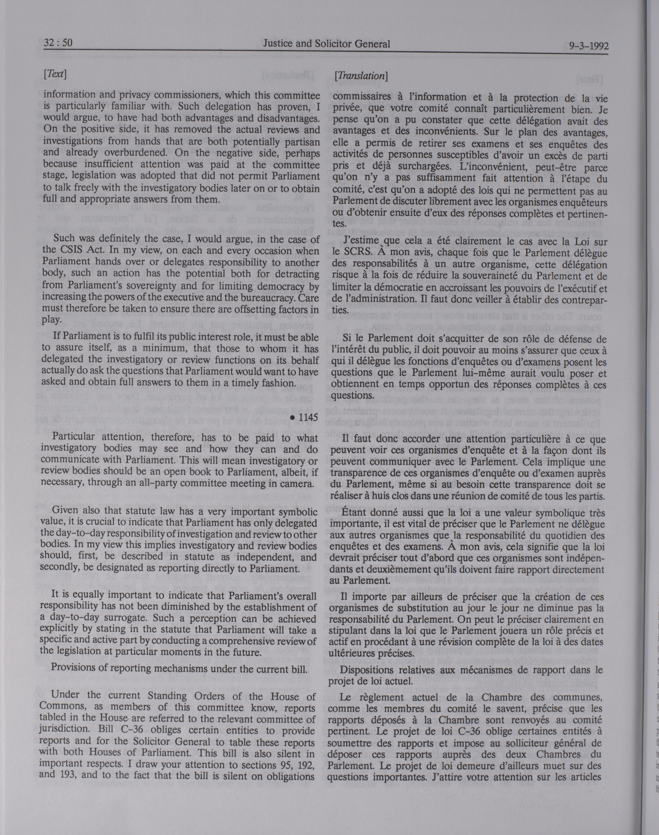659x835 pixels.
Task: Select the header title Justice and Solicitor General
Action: [x=326, y=44]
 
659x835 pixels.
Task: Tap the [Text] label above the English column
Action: [x=55, y=74]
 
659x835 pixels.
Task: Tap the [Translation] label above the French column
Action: [x=361, y=76]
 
